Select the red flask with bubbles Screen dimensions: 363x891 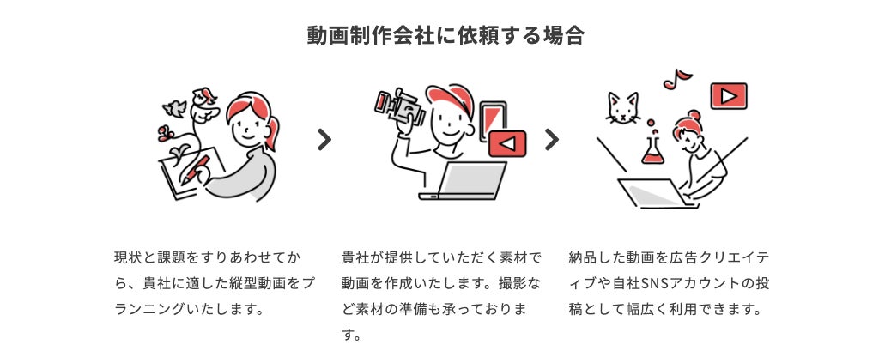[653, 149]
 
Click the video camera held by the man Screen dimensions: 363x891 [400, 106]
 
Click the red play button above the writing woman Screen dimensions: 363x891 [729, 96]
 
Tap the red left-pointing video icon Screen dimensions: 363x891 [507, 143]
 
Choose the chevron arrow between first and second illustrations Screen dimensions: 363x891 [324, 139]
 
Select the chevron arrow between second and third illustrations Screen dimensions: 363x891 [552, 139]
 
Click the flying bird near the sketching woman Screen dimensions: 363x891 [175, 107]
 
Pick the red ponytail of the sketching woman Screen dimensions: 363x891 [274, 133]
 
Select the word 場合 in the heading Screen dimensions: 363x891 [564, 36]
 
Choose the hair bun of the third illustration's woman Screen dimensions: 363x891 [694, 115]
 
